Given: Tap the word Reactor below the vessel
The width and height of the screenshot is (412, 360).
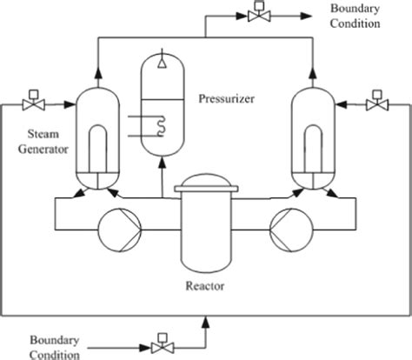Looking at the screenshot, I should tap(206, 284).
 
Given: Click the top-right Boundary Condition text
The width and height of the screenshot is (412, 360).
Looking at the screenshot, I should tap(354, 16).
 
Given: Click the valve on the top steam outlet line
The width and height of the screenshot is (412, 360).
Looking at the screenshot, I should tap(257, 16).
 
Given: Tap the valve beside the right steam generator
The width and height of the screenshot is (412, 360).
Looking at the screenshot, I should tap(376, 103).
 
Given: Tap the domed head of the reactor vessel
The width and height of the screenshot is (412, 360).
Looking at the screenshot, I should tap(206, 185).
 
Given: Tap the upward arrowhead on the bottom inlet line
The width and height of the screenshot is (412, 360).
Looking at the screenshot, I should tap(206, 323).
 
